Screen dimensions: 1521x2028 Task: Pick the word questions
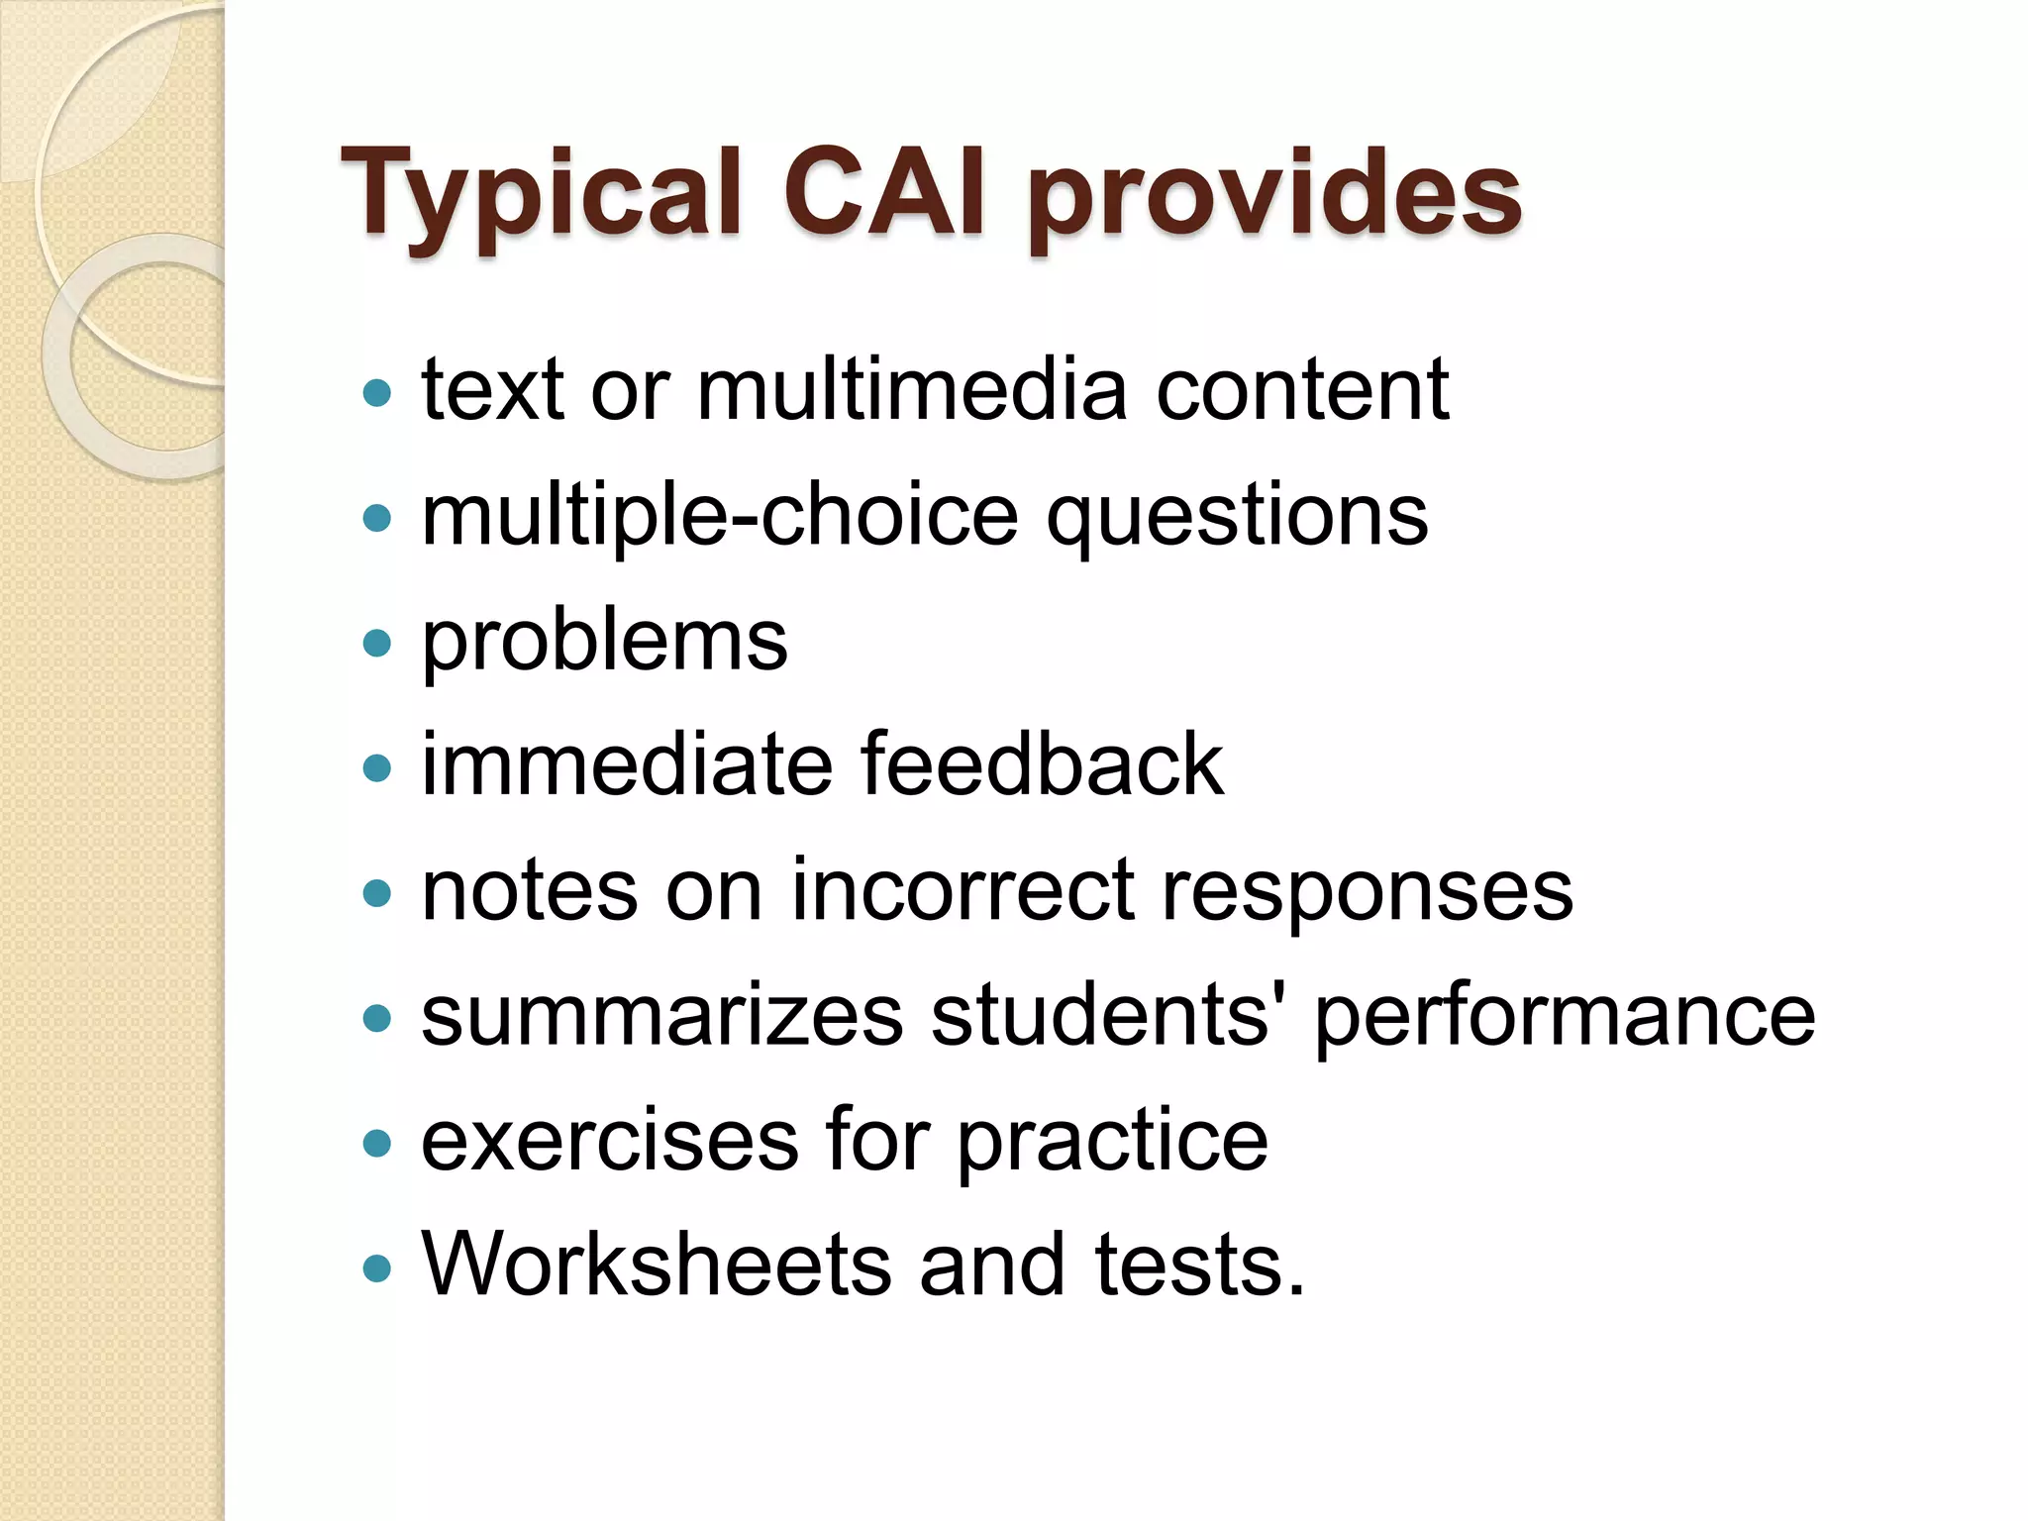(x=1237, y=516)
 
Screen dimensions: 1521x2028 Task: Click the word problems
(x=604, y=642)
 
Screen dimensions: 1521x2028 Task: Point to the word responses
(x=1367, y=891)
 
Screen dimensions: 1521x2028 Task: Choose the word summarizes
(x=661, y=1016)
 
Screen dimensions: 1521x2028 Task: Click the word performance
(x=1565, y=1018)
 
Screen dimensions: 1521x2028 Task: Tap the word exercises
(x=609, y=1141)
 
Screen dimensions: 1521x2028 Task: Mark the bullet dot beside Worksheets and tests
(x=377, y=1268)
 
